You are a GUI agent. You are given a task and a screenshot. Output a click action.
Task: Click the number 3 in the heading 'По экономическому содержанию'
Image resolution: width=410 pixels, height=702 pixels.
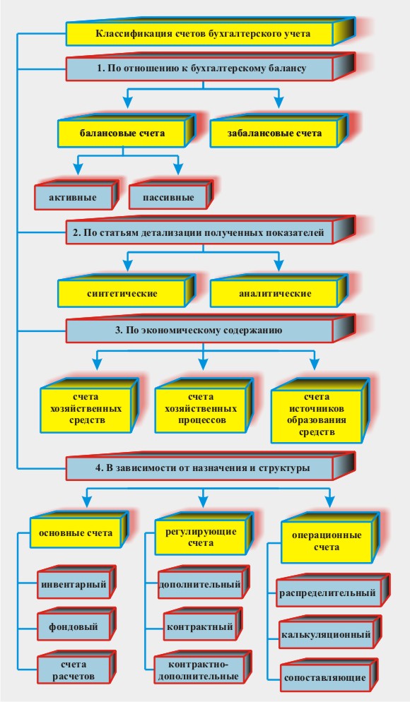(118, 331)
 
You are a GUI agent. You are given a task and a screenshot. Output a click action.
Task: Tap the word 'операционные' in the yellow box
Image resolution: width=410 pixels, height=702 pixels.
(327, 535)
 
